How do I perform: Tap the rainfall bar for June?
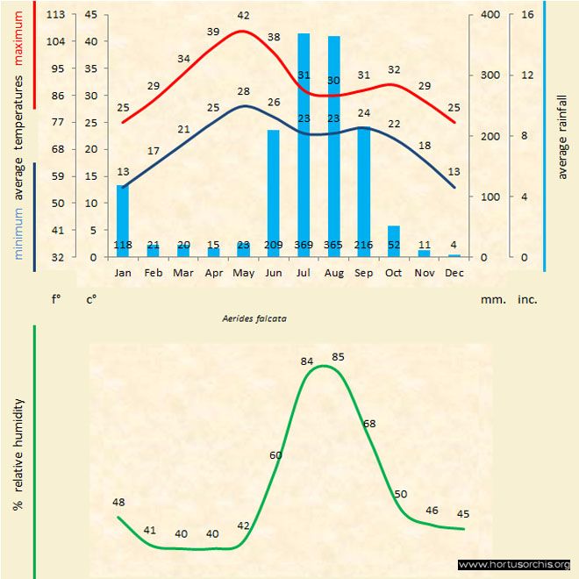point(274,193)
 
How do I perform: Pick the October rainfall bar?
point(394,240)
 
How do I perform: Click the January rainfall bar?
point(123,220)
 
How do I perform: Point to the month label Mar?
point(183,272)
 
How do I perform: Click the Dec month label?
point(454,272)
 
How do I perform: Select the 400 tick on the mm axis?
point(490,15)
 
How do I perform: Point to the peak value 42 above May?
point(243,16)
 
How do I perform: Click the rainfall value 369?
point(304,245)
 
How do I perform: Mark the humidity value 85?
point(340,356)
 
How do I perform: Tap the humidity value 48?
point(119,502)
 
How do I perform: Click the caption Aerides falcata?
point(254,319)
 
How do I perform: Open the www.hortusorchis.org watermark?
point(514,564)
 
